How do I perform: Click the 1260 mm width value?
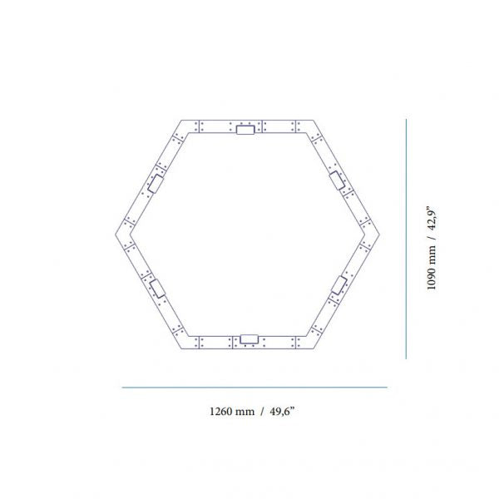point(232,411)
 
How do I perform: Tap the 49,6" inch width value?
point(282,411)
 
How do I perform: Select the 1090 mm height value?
point(431,268)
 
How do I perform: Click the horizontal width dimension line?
point(254,388)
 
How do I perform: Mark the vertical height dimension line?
point(406,239)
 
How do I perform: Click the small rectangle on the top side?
point(245,130)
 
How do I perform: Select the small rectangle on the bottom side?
point(249,339)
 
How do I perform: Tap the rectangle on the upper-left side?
point(156,184)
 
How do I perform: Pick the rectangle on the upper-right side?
point(338,180)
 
